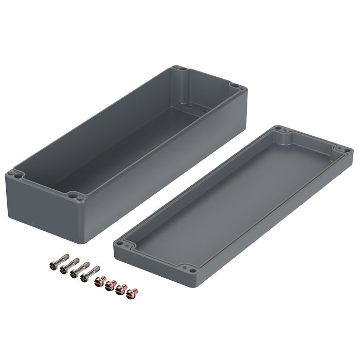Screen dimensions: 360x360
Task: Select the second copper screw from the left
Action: (x=109, y=284)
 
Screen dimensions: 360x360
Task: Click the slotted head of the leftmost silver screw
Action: (x=52, y=265)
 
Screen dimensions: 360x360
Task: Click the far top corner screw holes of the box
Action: (x=181, y=68)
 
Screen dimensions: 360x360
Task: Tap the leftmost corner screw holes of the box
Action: (x=18, y=174)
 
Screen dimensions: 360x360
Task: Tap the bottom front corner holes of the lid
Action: (x=189, y=268)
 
